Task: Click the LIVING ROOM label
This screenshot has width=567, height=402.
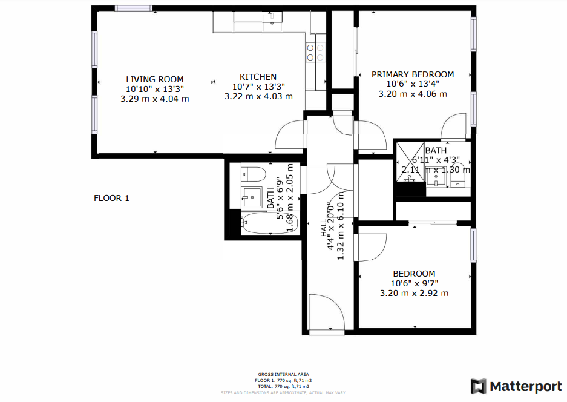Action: click(x=154, y=79)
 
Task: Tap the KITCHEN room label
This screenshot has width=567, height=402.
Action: click(x=258, y=77)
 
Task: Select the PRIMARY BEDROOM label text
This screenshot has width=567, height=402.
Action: click(x=413, y=74)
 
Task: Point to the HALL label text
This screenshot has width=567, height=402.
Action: click(x=324, y=228)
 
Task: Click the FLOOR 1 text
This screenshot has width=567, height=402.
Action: click(x=111, y=198)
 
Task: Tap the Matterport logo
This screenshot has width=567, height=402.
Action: click(x=516, y=386)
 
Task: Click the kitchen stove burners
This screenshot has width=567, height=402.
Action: click(x=315, y=53)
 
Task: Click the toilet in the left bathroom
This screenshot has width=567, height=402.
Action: click(x=254, y=174)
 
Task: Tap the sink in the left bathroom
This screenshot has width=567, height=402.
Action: click(x=250, y=196)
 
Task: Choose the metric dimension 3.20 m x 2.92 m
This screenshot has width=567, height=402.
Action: click(x=414, y=293)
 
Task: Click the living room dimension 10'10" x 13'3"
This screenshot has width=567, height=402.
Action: click(x=154, y=89)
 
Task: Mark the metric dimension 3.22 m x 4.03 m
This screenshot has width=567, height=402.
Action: click(x=258, y=96)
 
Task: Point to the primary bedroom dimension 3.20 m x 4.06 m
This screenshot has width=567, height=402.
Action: click(x=413, y=94)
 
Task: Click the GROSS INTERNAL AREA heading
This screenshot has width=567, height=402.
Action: click(x=283, y=374)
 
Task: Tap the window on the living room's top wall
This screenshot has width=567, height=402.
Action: click(x=134, y=8)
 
